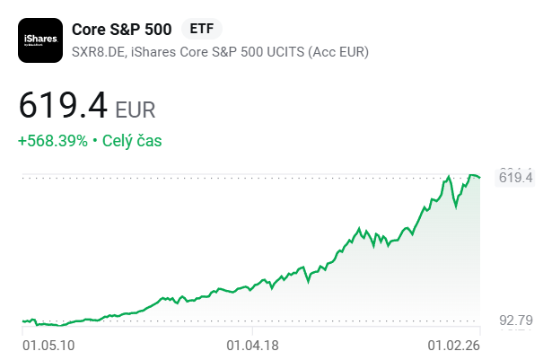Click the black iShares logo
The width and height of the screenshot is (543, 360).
(x=40, y=40)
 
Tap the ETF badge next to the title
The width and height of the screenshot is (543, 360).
(x=202, y=29)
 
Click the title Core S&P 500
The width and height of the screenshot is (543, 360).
(x=122, y=29)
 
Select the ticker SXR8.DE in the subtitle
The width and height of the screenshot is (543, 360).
(x=97, y=51)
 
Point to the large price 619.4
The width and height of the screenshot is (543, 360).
(x=63, y=109)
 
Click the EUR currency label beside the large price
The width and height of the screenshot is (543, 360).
(x=136, y=110)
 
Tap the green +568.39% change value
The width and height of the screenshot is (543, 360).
(x=53, y=141)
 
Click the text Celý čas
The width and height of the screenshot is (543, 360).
(x=132, y=141)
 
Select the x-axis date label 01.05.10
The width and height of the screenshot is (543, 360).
(x=48, y=344)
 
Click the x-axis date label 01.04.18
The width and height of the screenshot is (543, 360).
(x=252, y=344)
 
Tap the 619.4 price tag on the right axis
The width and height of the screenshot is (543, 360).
(x=516, y=178)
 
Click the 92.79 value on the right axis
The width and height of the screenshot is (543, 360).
(x=517, y=320)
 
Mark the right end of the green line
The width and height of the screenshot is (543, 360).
(x=481, y=178)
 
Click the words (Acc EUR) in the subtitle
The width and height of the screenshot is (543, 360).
(x=338, y=51)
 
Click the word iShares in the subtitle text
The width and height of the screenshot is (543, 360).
(x=153, y=51)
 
